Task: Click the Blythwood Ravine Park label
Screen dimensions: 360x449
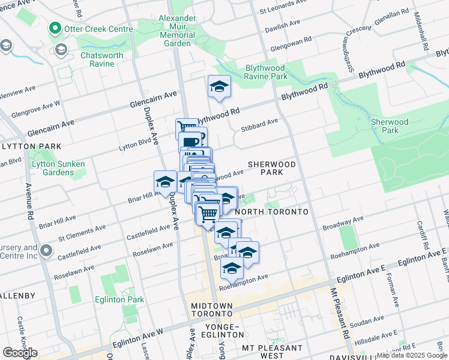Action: point(266,72)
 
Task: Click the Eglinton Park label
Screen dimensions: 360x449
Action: point(124,299)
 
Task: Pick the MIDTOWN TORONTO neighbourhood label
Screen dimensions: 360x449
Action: point(211,310)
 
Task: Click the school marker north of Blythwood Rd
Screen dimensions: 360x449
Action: point(219,86)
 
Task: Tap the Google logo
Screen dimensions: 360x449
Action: point(20,352)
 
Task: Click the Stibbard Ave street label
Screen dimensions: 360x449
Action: point(260,122)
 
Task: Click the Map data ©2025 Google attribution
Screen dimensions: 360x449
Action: point(411,355)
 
